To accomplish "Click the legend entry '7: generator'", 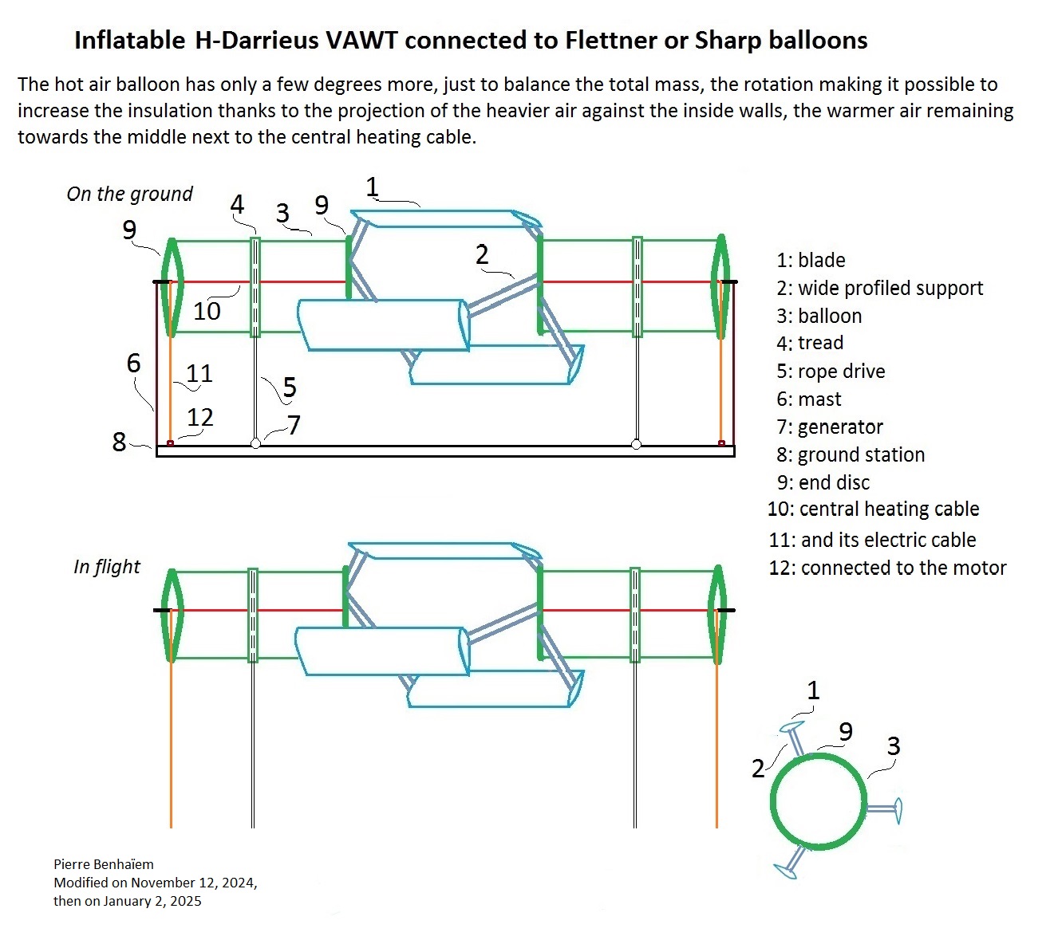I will pos(830,427).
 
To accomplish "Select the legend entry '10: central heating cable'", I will pos(873,509).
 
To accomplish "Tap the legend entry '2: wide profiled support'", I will pos(879,289).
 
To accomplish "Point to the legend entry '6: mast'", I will pos(808,399).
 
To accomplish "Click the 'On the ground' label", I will pos(129,194).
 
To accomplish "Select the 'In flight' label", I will pos(106,567).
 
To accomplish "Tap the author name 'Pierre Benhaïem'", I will pos(104,864).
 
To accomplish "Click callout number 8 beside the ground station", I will pos(119,442).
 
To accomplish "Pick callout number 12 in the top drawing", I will pos(200,417).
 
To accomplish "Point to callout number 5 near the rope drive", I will pos(290,387).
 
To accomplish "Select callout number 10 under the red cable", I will pos(207,310).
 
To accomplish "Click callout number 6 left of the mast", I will pos(133,363).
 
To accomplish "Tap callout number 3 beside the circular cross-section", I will pos(894,746).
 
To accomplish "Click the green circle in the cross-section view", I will pos(818,755).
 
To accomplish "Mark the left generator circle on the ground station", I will pos(255,444).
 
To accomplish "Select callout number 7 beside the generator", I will pos(294,425).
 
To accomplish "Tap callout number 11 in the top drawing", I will pos(199,373).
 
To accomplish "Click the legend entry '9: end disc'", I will pos(823,483).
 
